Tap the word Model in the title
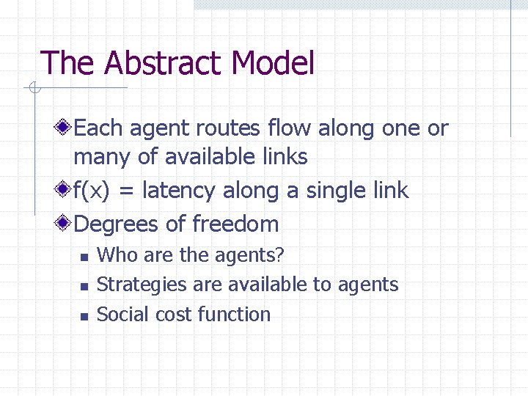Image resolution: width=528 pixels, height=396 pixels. click(272, 63)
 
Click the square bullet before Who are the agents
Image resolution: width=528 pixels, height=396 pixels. click(84, 257)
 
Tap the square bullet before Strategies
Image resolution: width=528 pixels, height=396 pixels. click(84, 287)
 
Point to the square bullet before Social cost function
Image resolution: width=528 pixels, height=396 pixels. click(84, 317)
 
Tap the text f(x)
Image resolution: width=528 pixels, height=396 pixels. click(93, 191)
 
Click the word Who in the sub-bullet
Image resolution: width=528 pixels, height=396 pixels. click(114, 255)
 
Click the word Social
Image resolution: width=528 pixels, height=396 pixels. click(119, 315)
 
